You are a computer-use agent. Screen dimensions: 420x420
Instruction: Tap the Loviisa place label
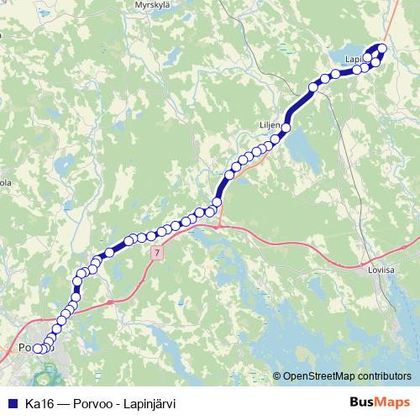381,271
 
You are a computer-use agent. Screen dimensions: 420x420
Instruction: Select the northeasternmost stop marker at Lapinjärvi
383,48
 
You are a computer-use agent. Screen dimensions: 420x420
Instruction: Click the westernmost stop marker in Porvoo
36,349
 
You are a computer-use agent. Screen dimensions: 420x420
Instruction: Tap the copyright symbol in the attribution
277,376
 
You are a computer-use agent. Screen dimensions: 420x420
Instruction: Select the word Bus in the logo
360,402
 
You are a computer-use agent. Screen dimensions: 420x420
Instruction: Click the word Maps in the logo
391,402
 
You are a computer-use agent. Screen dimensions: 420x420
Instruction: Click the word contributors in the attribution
381,376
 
